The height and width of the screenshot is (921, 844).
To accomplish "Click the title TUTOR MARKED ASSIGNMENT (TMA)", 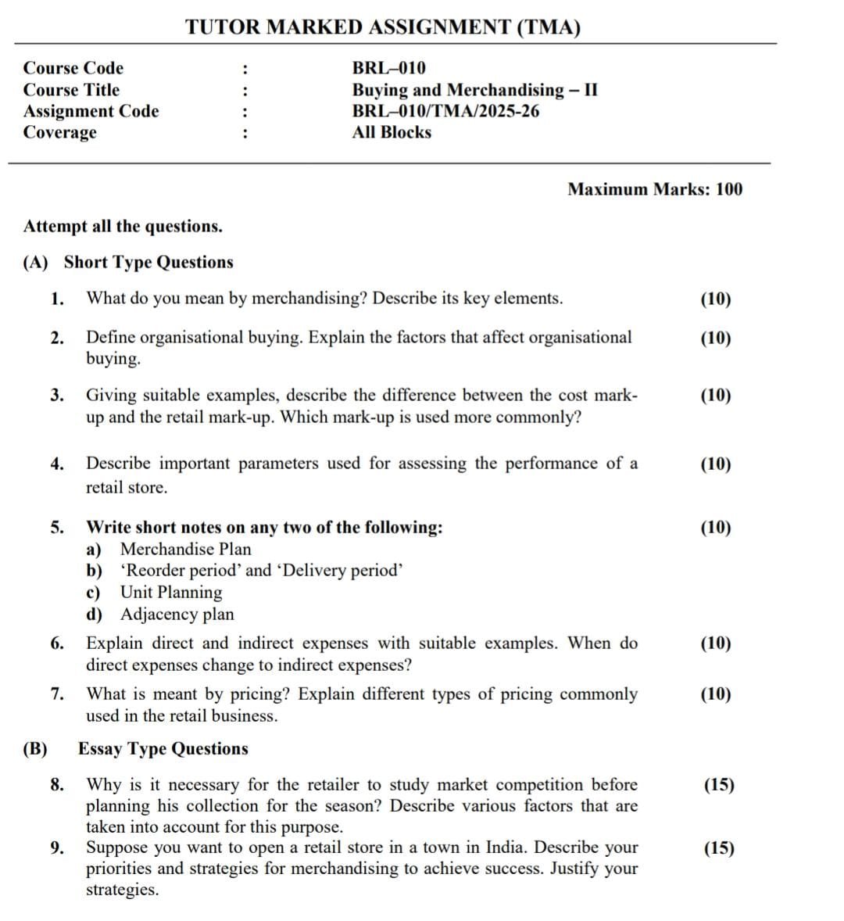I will [x=383, y=27].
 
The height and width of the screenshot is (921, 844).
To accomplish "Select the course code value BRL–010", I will [x=388, y=68].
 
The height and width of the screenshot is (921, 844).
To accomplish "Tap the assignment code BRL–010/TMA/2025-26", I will [x=445, y=111].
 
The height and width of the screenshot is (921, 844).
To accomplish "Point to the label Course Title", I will [x=71, y=90].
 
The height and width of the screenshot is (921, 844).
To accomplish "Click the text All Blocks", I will [x=392, y=132].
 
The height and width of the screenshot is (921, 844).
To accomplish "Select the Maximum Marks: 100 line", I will [x=655, y=189].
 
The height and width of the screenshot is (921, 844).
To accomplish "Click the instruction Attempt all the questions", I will [x=123, y=227].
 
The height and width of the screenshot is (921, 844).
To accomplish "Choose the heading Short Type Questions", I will [x=148, y=262].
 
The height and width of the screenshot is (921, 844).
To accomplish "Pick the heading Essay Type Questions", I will [x=163, y=749].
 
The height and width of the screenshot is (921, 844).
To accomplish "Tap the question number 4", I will [x=56, y=464].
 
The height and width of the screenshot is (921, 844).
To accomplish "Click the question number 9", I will [x=56, y=848].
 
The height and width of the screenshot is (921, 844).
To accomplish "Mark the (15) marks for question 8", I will [x=719, y=785].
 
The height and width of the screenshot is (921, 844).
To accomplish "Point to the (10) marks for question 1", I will [x=716, y=299].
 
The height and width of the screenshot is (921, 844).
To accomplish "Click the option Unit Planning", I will [x=170, y=593].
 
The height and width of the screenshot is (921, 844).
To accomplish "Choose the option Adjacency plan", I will [x=177, y=615].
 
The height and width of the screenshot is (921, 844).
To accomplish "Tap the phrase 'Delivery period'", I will [x=343, y=571].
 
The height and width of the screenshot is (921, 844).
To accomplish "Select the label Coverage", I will [x=60, y=132].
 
